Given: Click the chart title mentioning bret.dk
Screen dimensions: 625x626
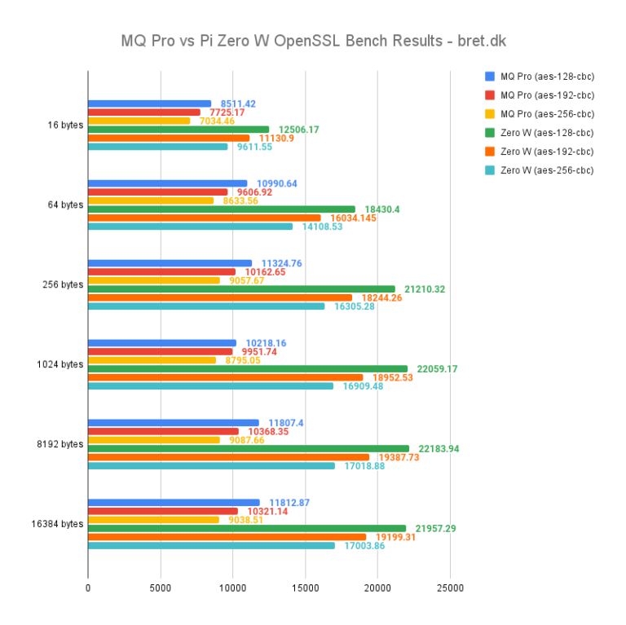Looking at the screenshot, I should (313, 40).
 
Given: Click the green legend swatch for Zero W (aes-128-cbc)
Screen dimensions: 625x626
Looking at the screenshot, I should (490, 133).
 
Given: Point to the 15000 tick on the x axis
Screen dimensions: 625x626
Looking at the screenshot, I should (305, 588).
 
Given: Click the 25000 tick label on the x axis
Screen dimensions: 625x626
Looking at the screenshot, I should (450, 588).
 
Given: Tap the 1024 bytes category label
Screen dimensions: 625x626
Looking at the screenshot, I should (60, 364).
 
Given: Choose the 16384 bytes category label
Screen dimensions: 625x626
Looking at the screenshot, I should (57, 524).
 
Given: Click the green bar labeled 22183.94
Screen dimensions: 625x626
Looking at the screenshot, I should (248, 448).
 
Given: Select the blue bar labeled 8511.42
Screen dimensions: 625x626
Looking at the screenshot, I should (149, 103).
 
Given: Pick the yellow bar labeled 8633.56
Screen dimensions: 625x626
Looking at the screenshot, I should (151, 200).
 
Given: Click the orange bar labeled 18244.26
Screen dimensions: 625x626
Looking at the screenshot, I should (220, 297).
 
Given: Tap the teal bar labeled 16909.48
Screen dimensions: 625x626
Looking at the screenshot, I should (210, 385).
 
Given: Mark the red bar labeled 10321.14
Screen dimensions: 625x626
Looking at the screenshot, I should (162, 511).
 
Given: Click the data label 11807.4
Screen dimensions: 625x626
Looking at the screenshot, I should (286, 423).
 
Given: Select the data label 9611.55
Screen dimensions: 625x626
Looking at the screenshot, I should (255, 147).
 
